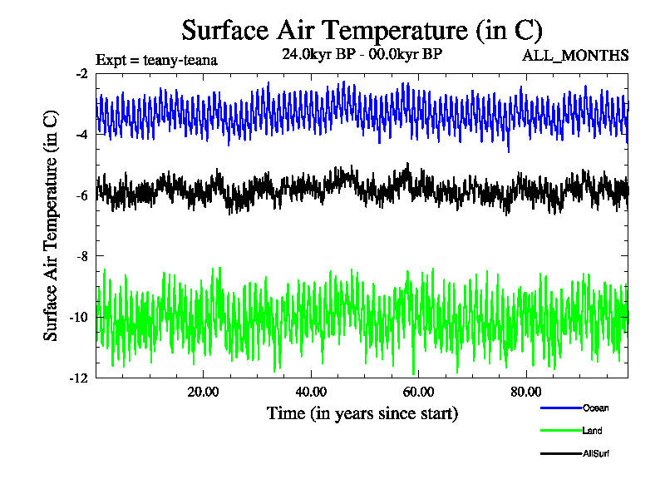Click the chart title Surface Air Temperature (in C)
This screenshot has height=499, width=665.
(x=362, y=31)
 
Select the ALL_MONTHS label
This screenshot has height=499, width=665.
(x=574, y=56)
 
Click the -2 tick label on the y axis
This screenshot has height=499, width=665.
(x=81, y=74)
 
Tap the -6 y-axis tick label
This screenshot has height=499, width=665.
(x=81, y=195)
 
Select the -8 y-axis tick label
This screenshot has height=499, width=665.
(x=81, y=256)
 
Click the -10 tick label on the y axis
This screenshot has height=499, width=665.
(x=79, y=317)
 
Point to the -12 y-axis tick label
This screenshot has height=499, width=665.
(x=79, y=378)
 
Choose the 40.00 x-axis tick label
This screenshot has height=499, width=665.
(x=311, y=392)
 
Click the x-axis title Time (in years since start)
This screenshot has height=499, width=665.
(x=362, y=413)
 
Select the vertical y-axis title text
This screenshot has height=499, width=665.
(x=51, y=225)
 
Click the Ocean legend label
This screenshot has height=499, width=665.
(x=595, y=408)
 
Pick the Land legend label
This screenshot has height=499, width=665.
(x=593, y=431)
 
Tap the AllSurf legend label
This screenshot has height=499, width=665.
(x=597, y=453)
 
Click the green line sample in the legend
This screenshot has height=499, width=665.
(x=560, y=431)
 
